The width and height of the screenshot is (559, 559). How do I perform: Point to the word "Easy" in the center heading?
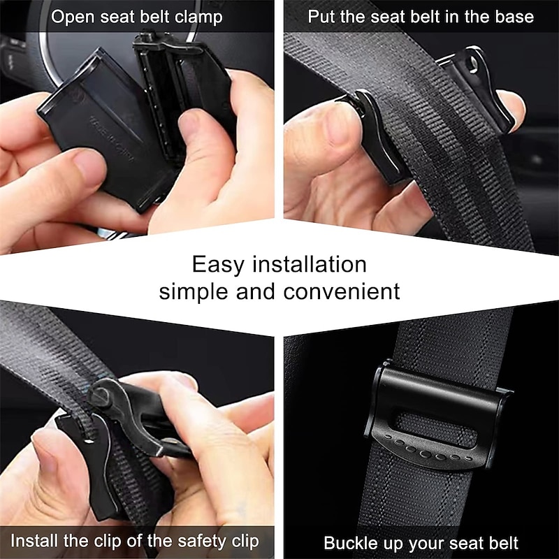(x=215, y=265)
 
